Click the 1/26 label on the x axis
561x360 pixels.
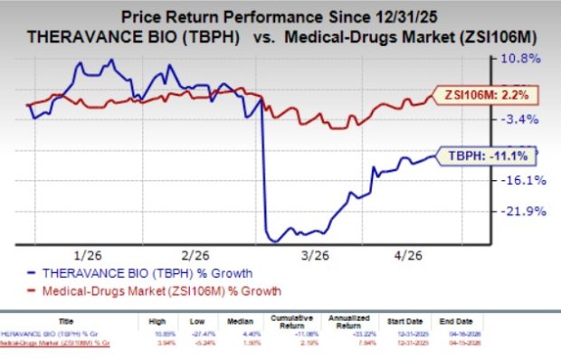(x=92, y=255)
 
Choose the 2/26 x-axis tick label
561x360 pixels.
(x=195, y=255)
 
